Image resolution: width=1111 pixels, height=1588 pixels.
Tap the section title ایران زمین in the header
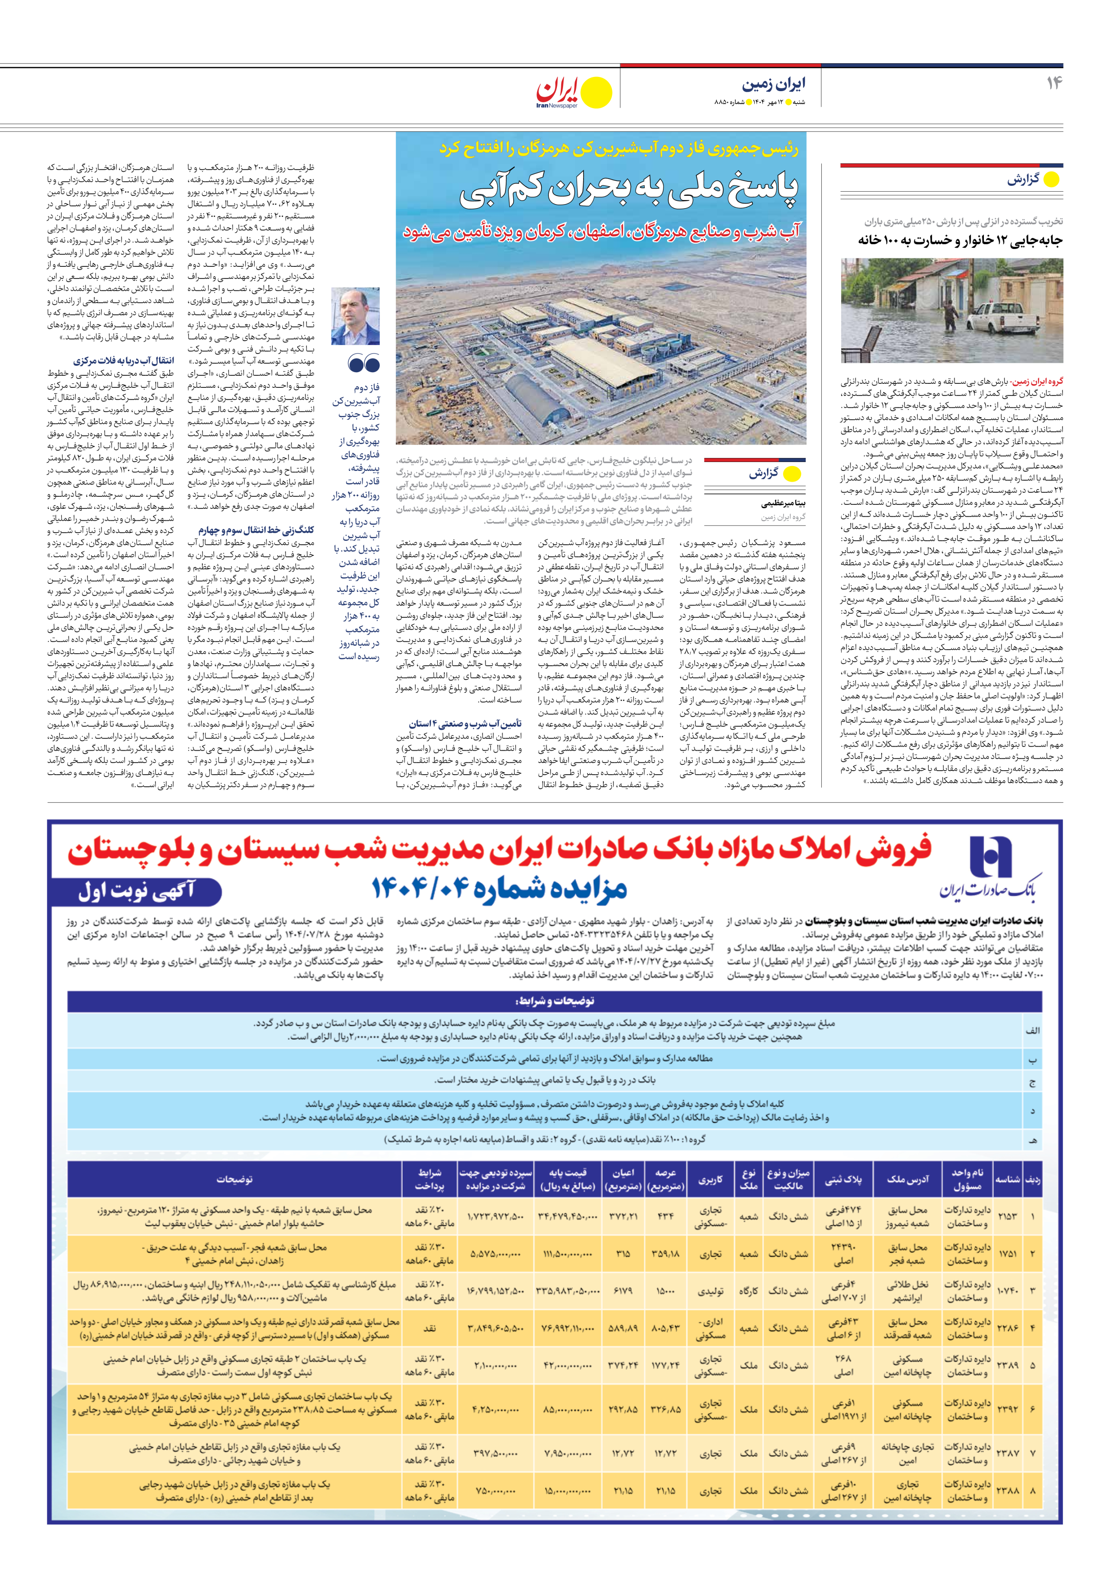tap(774, 85)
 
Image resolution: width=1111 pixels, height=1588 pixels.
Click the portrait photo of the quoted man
tap(356, 316)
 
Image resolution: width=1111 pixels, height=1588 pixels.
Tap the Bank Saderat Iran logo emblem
tap(990, 856)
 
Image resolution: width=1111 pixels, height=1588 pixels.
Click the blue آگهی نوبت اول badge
tap(136, 891)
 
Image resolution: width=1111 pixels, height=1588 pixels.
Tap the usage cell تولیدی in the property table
tap(710, 1291)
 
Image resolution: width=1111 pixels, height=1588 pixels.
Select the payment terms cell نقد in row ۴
tap(429, 1329)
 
